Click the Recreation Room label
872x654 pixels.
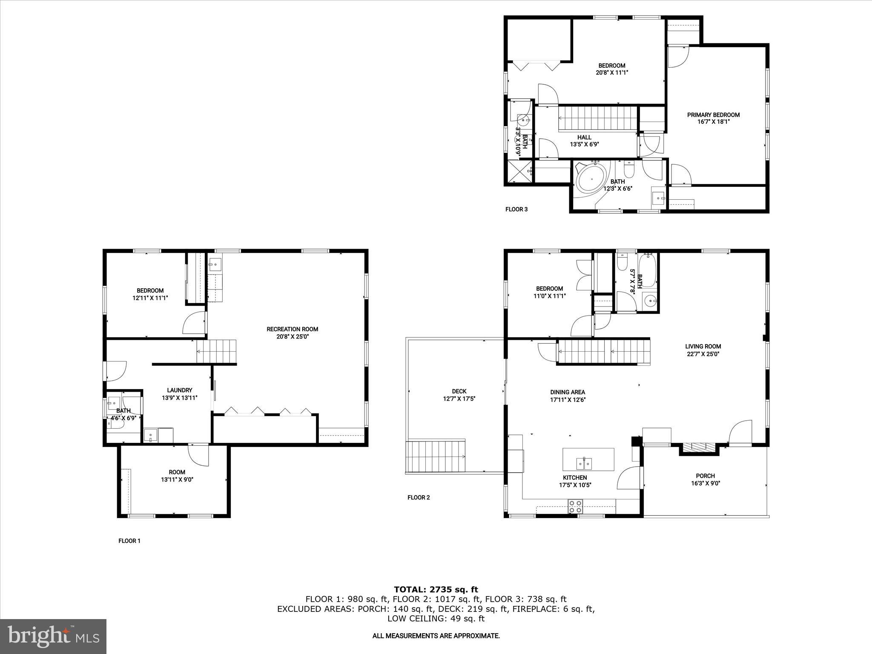coord(292,329)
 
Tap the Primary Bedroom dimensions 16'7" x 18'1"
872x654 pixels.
coord(713,122)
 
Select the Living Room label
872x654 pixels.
coord(703,347)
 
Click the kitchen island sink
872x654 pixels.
coord(584,462)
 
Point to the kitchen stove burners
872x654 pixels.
coord(575,506)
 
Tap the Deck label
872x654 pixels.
coord(459,391)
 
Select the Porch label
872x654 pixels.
coord(705,476)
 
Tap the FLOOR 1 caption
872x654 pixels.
coord(129,541)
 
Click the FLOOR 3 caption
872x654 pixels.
coord(516,209)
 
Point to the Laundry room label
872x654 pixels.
coord(179,390)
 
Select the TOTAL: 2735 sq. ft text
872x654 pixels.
coord(436,590)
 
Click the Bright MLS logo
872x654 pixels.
coord(53,636)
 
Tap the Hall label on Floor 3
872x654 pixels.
coord(584,138)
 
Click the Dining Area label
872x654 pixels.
coord(568,392)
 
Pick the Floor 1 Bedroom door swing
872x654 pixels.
coord(194,324)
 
